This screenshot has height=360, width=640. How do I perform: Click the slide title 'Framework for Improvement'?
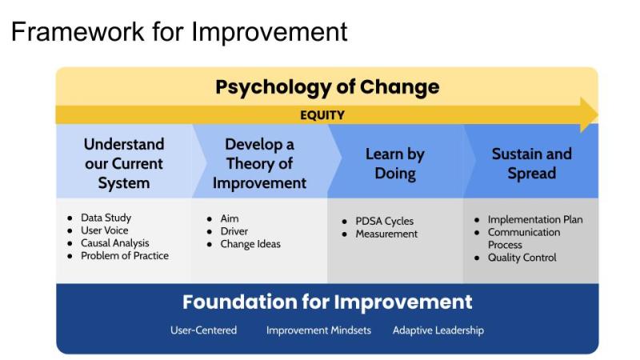click(179, 31)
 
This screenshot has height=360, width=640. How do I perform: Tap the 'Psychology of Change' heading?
click(327, 87)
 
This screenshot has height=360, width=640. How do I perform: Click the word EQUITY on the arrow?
click(322, 115)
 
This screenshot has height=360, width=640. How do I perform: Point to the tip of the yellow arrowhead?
click(598, 114)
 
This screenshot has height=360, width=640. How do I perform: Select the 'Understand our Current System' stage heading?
click(124, 164)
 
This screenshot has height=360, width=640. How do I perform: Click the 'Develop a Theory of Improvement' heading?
click(259, 164)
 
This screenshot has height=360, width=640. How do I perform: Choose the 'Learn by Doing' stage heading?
click(395, 164)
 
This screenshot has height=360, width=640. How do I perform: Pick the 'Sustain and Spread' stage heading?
click(532, 163)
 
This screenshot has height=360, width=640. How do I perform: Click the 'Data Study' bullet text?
click(106, 218)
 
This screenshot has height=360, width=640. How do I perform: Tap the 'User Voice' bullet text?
click(105, 230)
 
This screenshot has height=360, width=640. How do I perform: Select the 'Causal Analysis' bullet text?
click(115, 243)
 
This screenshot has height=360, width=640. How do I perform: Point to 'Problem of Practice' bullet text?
click(125, 255)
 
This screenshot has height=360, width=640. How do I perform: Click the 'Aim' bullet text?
click(230, 218)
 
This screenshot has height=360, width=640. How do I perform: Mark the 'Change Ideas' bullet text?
click(250, 244)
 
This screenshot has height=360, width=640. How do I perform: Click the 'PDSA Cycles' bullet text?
click(385, 222)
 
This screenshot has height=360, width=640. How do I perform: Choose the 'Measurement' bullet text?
click(386, 234)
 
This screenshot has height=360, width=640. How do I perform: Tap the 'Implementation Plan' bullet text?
click(535, 219)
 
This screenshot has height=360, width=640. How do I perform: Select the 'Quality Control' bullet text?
click(522, 258)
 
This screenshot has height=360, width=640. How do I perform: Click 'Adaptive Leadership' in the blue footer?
click(438, 330)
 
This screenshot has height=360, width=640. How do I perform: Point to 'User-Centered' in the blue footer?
click(204, 330)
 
